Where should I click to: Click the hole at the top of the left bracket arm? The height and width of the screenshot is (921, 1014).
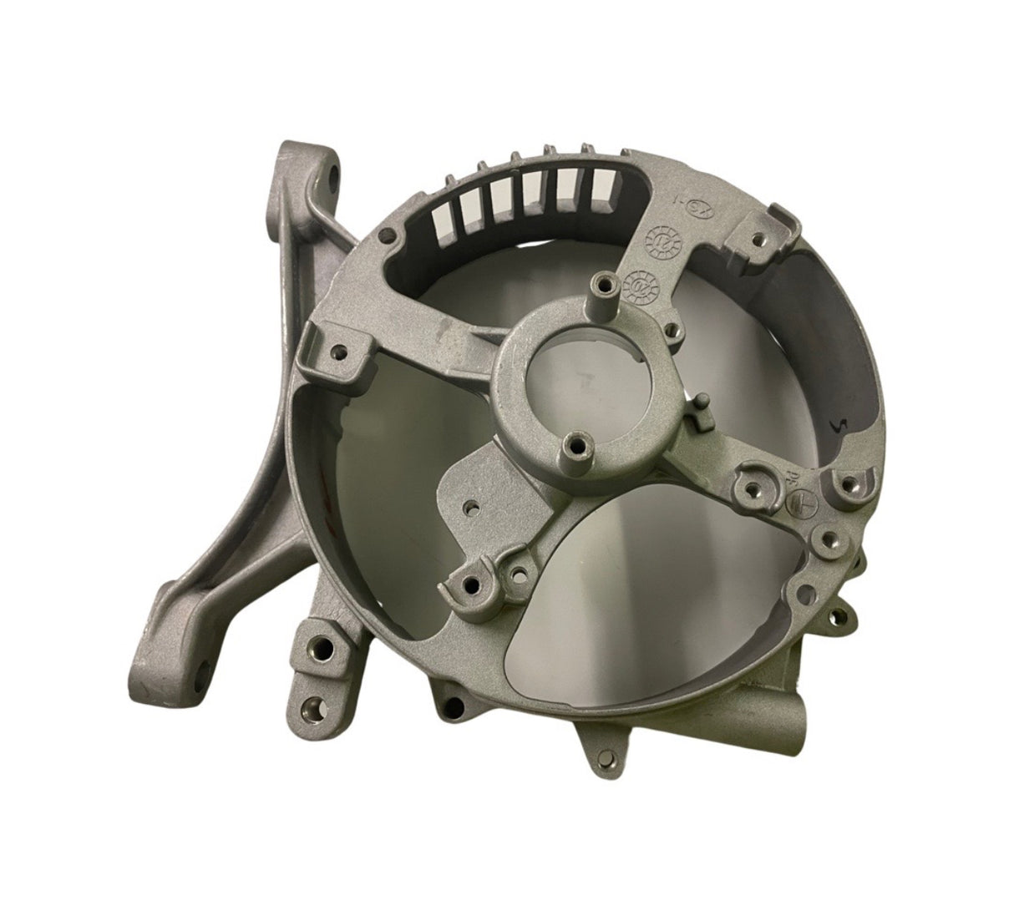[333, 177]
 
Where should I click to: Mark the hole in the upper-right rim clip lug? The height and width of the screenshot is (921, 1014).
[758, 239]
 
